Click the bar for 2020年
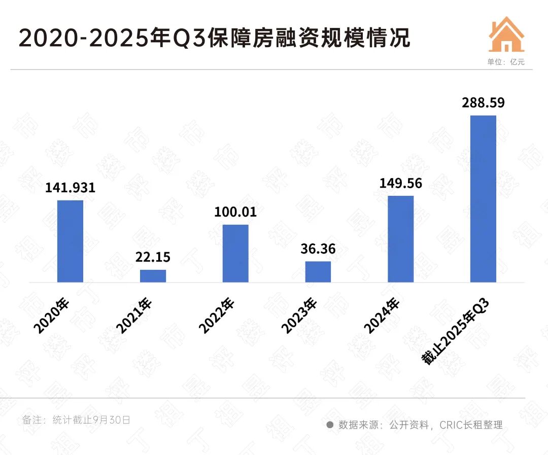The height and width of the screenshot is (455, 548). point(70,241)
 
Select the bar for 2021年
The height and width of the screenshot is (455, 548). point(153,275)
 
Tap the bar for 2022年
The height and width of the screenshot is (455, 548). point(235,253)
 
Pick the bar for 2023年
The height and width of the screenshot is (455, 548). point(318,271)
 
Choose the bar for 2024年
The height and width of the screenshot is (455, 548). point(400,238)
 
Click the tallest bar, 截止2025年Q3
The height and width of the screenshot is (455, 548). point(483,198)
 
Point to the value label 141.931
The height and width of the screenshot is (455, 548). point(70,188)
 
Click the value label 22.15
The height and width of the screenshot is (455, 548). point(153,257)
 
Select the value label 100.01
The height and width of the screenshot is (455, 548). point(235,212)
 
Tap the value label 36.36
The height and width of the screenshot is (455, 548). point(318,249)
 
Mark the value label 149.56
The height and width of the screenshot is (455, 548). point(400,183)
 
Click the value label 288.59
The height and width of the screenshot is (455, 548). point(483,103)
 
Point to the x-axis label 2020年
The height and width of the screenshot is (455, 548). point(51,316)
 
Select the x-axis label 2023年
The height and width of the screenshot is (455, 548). point(299,316)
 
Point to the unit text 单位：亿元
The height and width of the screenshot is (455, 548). point(506,62)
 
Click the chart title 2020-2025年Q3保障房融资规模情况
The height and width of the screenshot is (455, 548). point(215,39)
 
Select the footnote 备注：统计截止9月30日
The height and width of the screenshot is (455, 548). point(77,420)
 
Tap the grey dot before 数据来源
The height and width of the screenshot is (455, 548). point(330,425)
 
